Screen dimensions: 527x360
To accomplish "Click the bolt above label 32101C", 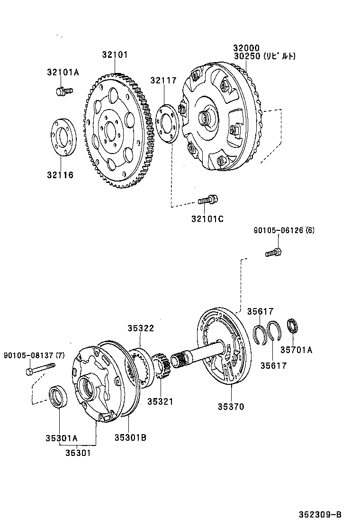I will coord(207,200).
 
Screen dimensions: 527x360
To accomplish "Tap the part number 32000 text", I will coord(246,48).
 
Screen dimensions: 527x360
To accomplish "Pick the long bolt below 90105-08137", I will coord(41,367).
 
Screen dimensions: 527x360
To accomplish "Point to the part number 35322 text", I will coord(140,328).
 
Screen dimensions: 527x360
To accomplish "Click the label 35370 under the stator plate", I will coord(231,406).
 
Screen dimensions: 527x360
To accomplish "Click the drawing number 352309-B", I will coord(320,515).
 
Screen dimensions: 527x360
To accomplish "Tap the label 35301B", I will coord(130,437).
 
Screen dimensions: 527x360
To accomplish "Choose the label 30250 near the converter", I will coord(246,56).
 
